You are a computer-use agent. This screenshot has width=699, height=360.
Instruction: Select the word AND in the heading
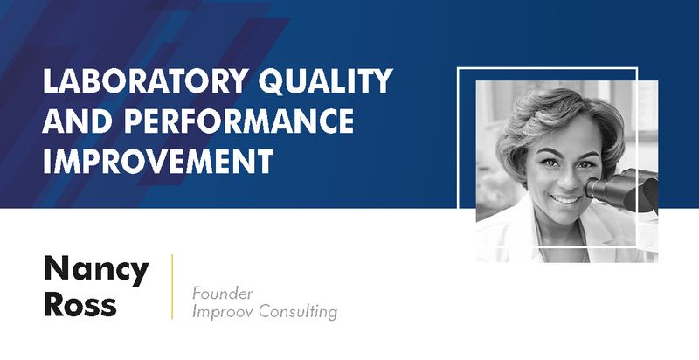pos(75,123)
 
